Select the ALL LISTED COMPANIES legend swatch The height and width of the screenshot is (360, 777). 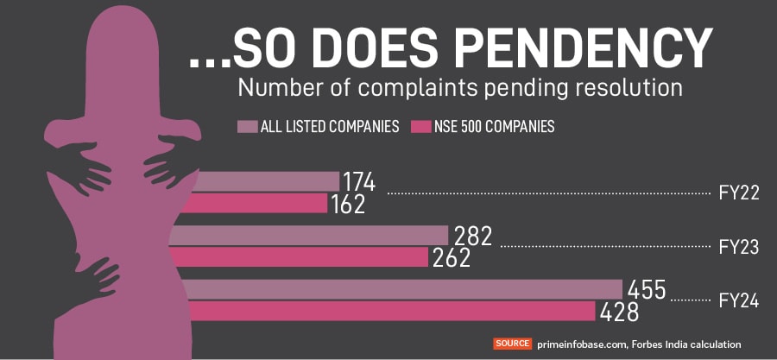[x=247, y=127]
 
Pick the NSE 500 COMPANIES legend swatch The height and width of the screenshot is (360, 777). [x=422, y=127]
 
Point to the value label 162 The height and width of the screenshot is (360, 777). [x=348, y=205]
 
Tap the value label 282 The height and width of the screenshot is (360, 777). [x=473, y=236]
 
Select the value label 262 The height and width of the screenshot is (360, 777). [x=451, y=258]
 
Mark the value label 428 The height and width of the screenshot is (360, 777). [x=620, y=313]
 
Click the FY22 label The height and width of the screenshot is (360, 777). [x=738, y=193]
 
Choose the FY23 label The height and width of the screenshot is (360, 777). [x=738, y=247]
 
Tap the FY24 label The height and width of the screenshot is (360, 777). [x=738, y=301]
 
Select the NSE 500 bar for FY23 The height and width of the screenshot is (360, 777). [x=302, y=257]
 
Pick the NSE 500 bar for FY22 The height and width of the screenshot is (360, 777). [x=259, y=204]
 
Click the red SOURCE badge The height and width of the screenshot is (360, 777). [x=513, y=344]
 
